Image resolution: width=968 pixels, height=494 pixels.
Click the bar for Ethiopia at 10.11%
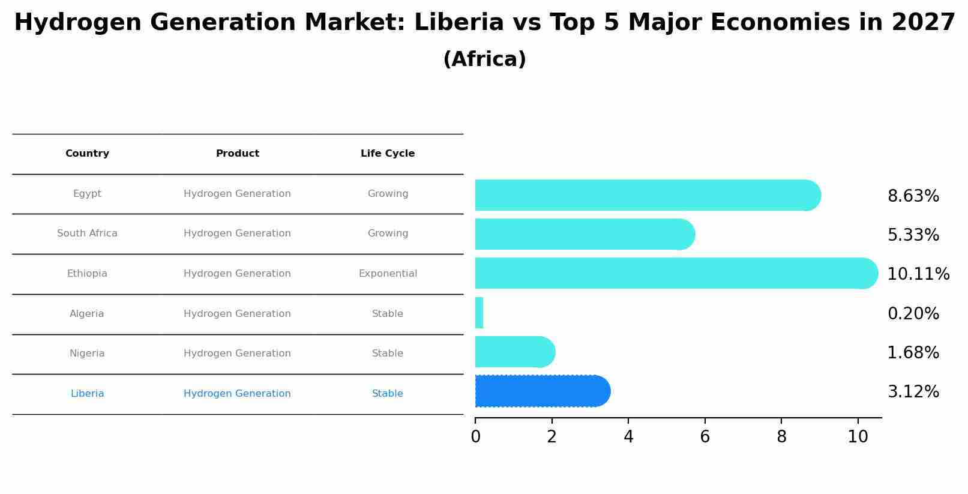[x=672, y=273]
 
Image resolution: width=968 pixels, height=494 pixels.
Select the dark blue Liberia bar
[x=540, y=391]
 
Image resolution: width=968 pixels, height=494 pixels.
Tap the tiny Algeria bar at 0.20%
[x=479, y=313]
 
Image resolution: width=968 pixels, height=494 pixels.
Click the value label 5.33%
[x=913, y=235]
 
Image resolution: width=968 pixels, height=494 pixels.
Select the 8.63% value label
[x=913, y=196]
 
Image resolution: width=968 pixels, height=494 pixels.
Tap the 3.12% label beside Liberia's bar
[x=913, y=392]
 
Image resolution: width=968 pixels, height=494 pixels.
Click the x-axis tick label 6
[x=705, y=437]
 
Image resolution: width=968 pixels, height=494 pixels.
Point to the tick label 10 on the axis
[x=858, y=437]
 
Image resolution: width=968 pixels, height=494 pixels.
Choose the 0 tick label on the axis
[x=475, y=437]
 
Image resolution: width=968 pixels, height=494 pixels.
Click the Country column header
[x=87, y=154]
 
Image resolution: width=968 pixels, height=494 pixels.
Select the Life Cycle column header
[x=388, y=154]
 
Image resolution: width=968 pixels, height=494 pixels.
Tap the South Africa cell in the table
[x=87, y=233]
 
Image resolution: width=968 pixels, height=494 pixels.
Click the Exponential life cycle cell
[x=388, y=274]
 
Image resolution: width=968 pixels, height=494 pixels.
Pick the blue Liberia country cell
[x=87, y=394]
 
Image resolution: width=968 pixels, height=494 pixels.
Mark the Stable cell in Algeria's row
[x=388, y=314]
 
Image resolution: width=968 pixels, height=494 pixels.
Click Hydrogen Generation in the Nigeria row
[x=237, y=354]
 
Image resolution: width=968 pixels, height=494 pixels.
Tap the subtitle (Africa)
[x=484, y=59]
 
